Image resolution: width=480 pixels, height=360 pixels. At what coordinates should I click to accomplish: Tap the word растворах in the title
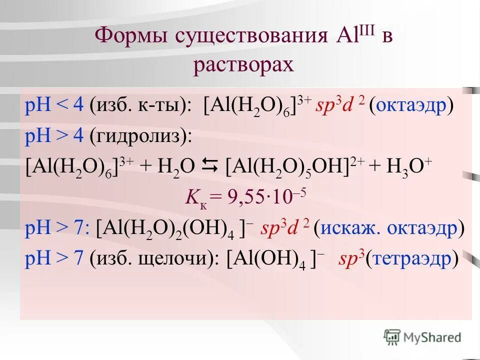click(x=243, y=65)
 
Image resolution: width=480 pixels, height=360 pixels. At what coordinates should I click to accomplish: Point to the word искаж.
click(x=349, y=228)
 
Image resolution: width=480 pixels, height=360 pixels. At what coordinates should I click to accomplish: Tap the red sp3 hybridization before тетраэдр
click(x=351, y=258)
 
